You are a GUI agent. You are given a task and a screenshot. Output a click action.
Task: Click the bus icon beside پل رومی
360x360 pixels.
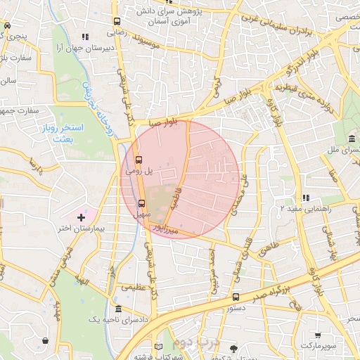[x=138, y=160]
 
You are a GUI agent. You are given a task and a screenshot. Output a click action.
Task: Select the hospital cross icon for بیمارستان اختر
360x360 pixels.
[x=81, y=219]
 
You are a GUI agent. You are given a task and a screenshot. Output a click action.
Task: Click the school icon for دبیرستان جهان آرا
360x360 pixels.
[x=84, y=37]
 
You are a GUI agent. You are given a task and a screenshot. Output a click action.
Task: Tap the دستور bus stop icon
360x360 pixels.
[x=236, y=297]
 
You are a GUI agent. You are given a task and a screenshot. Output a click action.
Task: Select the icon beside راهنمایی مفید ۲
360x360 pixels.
[x=304, y=198]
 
